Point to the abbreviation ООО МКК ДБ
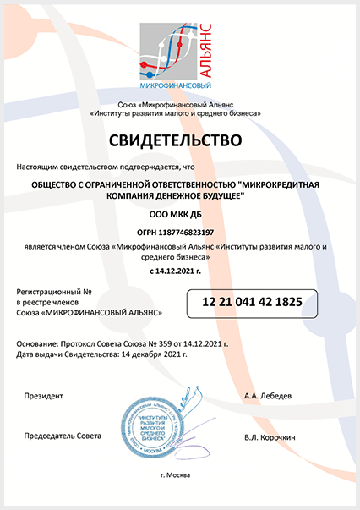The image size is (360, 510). (x=179, y=215)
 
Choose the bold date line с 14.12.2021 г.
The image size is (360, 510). (x=179, y=271)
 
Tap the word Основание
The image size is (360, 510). (x=44, y=345)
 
